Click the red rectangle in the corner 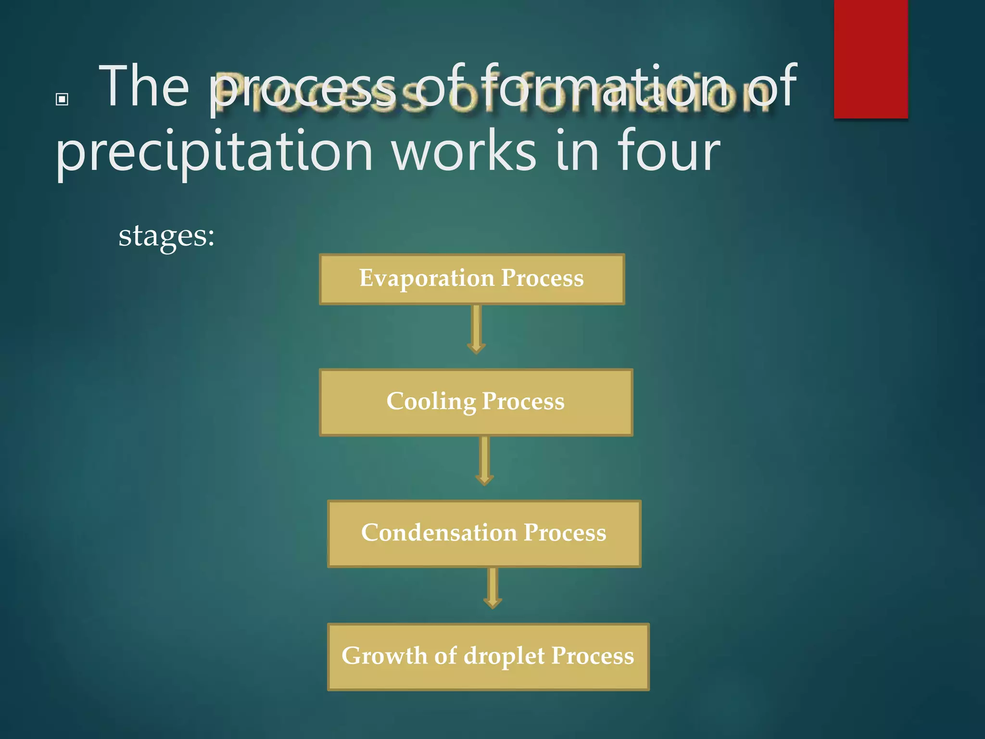(x=871, y=59)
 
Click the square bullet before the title (x=62, y=99)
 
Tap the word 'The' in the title (x=144, y=87)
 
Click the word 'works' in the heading (x=464, y=152)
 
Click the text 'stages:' (x=166, y=236)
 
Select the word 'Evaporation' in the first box (x=427, y=279)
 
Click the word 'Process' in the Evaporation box (x=542, y=279)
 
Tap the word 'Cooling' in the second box (x=431, y=402)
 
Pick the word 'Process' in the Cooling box (x=523, y=402)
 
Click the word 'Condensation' (x=439, y=533)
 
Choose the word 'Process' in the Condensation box (x=565, y=533)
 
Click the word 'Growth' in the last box (x=384, y=656)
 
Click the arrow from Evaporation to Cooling (x=476, y=330)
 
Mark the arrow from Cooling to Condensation (x=484, y=461)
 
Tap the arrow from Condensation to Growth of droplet (x=492, y=588)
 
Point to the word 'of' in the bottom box (x=445, y=656)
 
